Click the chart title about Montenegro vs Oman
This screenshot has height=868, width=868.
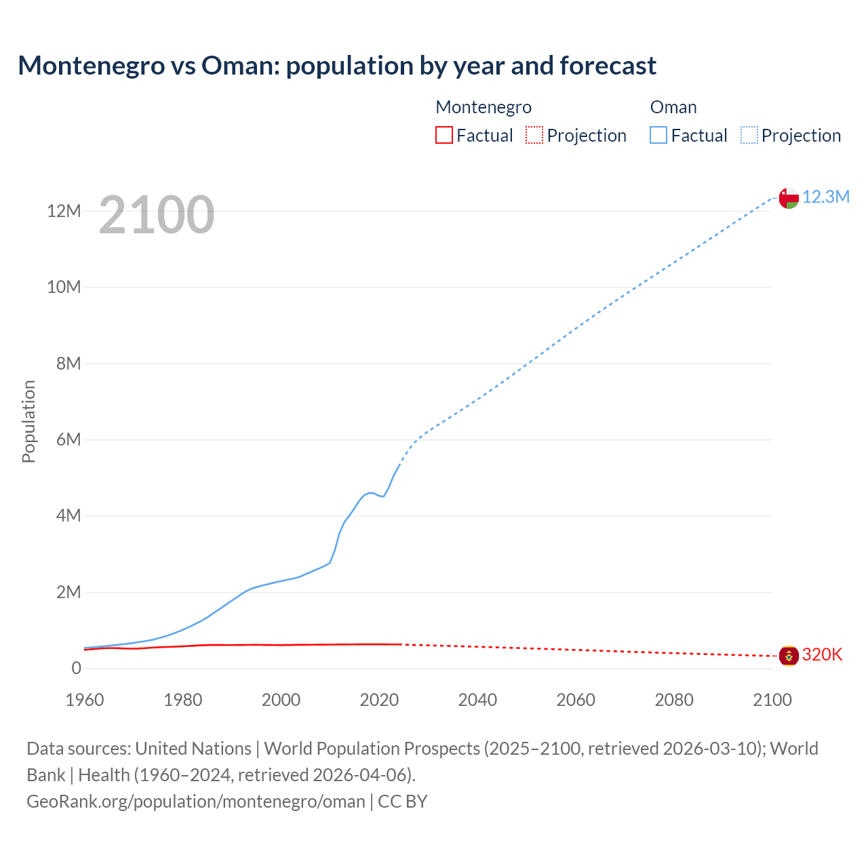pyautogui.click(x=337, y=66)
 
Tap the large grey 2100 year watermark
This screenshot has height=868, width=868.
pyautogui.click(x=157, y=215)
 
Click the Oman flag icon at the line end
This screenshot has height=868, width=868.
pyautogui.click(x=788, y=198)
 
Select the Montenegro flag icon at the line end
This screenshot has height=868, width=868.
pyautogui.click(x=788, y=656)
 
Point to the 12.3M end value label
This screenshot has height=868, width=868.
pyautogui.click(x=825, y=197)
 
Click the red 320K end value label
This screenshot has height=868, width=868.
pyautogui.click(x=822, y=654)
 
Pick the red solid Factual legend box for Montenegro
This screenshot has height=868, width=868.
pyautogui.click(x=443, y=136)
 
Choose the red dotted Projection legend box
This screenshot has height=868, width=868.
pyautogui.click(x=534, y=136)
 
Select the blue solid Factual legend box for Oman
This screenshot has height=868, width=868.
pyautogui.click(x=658, y=136)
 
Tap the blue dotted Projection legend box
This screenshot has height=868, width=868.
pyautogui.click(x=749, y=136)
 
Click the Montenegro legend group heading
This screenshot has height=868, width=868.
pyautogui.click(x=484, y=107)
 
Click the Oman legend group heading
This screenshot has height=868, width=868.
pyautogui.click(x=673, y=107)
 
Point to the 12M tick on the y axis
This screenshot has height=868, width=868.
pyautogui.click(x=64, y=211)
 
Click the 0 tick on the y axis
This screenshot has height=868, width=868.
pyautogui.click(x=76, y=668)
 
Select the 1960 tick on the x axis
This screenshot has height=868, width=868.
pyautogui.click(x=85, y=700)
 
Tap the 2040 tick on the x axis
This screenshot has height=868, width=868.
pyautogui.click(x=477, y=700)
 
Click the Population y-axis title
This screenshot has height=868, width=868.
pyautogui.click(x=28, y=421)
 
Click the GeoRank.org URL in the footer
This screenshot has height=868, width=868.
pyautogui.click(x=196, y=802)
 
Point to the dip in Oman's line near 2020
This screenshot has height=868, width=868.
pyautogui.click(x=383, y=496)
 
